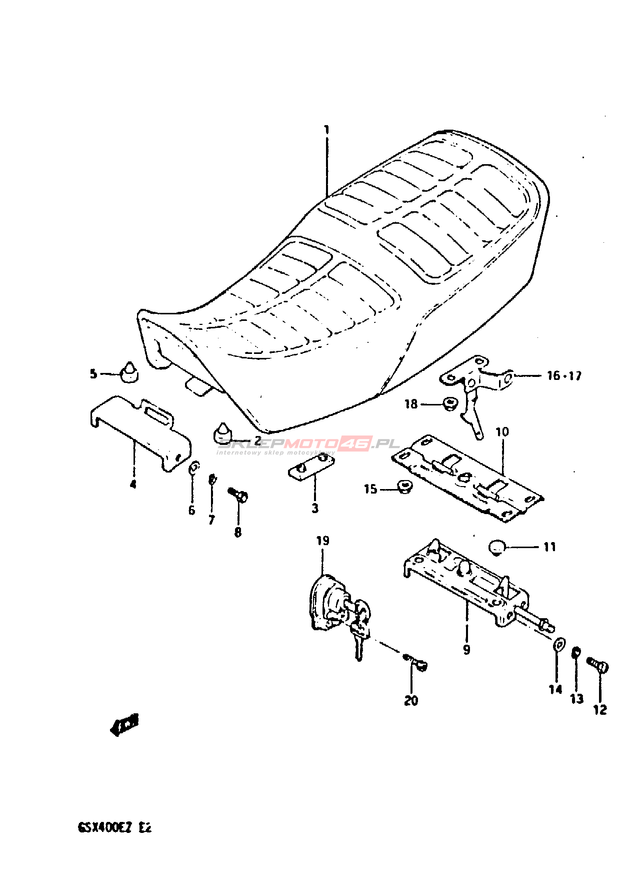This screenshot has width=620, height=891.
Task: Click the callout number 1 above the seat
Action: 326,130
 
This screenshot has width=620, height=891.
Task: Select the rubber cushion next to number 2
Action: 222,433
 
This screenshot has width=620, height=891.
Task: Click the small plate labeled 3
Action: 311,467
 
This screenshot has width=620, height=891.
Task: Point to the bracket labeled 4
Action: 140,430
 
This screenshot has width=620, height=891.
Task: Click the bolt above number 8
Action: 239,496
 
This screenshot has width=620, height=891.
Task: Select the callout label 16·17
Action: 564,375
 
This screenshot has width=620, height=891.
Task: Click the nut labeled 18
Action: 449,403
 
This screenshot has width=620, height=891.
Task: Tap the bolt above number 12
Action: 597,664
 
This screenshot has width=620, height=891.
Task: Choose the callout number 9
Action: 466,650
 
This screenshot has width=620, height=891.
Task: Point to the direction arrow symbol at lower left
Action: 124,724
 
